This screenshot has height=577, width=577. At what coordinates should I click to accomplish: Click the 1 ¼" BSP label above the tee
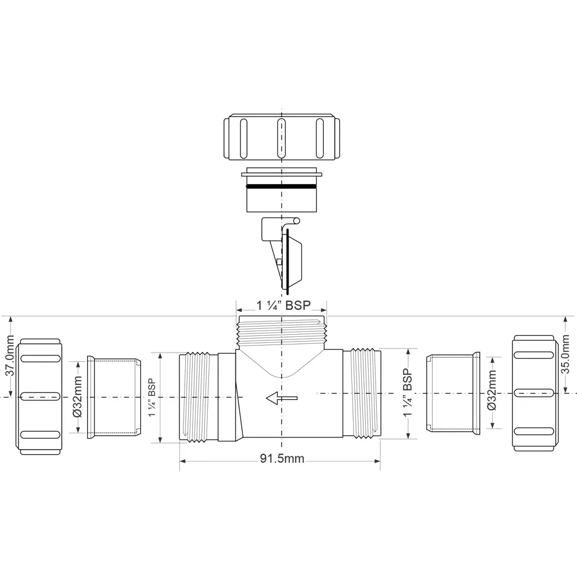pyautogui.click(x=282, y=307)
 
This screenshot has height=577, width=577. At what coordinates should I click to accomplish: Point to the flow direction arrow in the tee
pyautogui.click(x=282, y=397)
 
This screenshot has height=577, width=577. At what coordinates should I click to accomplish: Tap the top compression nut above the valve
pyautogui.click(x=281, y=137)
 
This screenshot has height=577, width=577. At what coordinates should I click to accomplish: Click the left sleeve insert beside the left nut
pyautogui.click(x=114, y=398)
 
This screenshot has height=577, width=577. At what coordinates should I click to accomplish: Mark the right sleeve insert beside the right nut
pyautogui.click(x=452, y=393)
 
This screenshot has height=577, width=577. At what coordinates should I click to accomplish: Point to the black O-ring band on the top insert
pyautogui.click(x=281, y=186)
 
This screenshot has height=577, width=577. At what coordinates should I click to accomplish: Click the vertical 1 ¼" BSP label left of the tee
pyautogui.click(x=151, y=398)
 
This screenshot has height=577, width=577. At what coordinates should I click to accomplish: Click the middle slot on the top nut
pyautogui.click(x=281, y=136)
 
